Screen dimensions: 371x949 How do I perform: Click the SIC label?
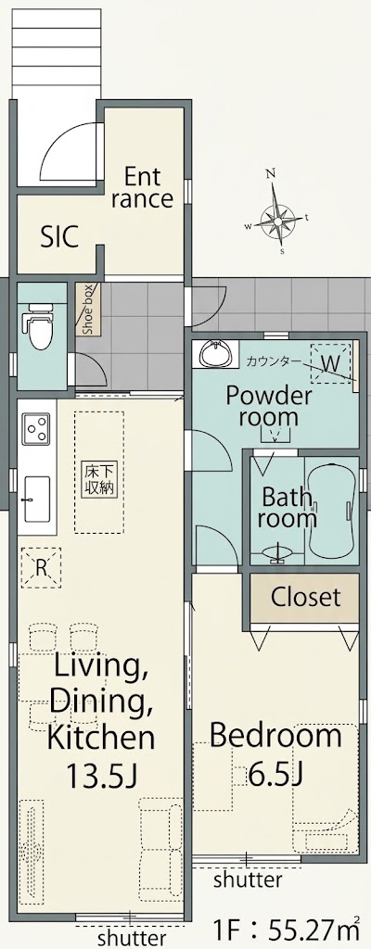click(59, 237)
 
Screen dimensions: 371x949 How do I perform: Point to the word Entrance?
click(143, 187)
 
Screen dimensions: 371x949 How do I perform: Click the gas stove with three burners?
click(37, 428)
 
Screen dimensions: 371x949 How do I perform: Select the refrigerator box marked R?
click(41, 567)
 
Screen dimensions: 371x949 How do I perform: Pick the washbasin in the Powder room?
click(213, 354)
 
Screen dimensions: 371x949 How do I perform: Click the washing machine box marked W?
click(330, 363)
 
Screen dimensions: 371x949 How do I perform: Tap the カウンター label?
click(273, 362)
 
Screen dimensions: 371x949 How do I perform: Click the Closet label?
click(305, 597)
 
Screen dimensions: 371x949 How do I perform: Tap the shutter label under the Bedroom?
click(248, 879)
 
